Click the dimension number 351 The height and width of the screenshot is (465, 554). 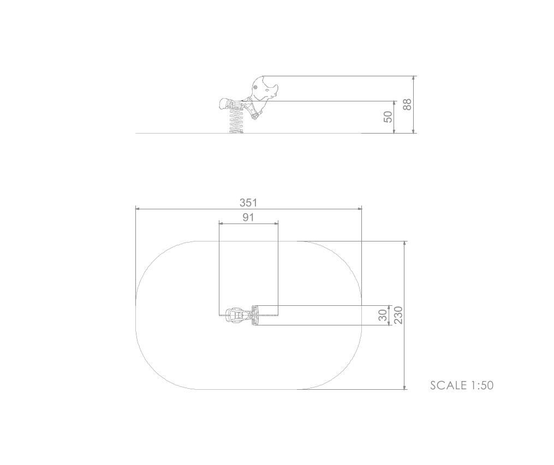(x=248, y=202)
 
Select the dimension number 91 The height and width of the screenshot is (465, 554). (x=248, y=218)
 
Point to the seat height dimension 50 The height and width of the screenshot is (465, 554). (x=388, y=117)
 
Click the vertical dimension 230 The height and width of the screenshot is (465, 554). (x=398, y=315)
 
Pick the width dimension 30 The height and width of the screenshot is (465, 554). (x=383, y=315)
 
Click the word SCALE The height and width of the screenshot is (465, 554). (x=448, y=385)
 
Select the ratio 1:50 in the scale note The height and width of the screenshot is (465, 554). (x=482, y=385)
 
